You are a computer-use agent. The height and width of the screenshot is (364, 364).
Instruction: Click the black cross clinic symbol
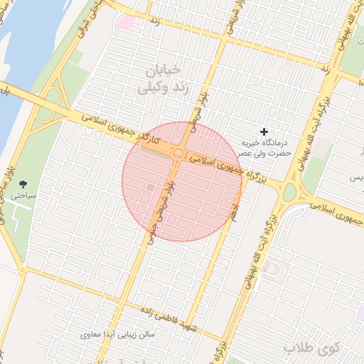click(264, 132)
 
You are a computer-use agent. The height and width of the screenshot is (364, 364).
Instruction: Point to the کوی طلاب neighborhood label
click(310, 348)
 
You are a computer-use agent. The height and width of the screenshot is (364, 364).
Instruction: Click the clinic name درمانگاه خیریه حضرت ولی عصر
click(265, 147)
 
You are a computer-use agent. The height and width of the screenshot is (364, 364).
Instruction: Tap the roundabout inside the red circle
click(176, 154)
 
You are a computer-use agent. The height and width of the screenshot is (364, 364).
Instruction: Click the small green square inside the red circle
click(150, 187)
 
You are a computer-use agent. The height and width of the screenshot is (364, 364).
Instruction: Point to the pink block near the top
click(125, 22)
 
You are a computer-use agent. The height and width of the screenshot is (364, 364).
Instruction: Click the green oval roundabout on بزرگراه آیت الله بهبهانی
click(289, 193)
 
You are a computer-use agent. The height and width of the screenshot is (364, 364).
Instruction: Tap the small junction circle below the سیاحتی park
click(23, 270)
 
